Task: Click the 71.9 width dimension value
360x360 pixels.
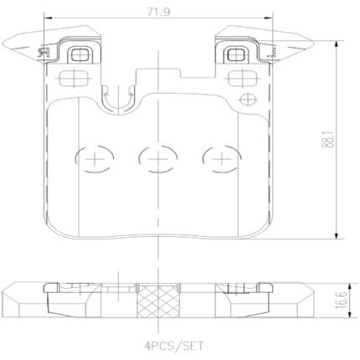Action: click(158, 12)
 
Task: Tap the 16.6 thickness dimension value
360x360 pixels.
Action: click(342, 300)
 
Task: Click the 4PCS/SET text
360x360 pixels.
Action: click(174, 347)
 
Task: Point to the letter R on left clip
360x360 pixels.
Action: click(44, 52)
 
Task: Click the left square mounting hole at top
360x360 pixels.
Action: click(80, 54)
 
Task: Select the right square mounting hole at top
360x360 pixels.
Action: click(236, 54)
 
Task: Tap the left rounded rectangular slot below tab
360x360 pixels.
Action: click(74, 78)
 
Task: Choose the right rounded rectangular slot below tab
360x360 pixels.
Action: click(242, 78)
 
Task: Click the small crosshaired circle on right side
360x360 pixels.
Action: click(248, 99)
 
